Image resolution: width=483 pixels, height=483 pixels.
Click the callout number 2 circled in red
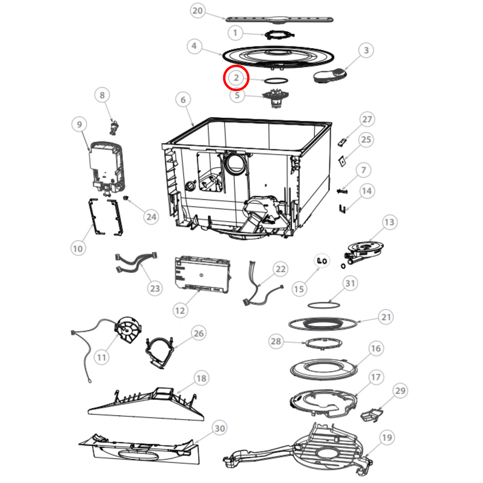[236, 78]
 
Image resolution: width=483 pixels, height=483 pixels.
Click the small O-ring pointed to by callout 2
[275, 80]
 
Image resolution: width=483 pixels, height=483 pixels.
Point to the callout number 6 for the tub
[183, 100]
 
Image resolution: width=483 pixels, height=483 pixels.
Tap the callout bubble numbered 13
[389, 222]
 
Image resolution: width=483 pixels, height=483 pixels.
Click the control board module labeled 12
[202, 273]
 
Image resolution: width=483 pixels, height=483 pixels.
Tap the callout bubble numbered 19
[386, 438]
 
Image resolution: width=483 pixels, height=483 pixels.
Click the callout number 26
[198, 333]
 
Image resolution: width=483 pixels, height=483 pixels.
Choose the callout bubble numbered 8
[102, 95]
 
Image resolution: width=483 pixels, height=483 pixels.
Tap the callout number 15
[299, 288]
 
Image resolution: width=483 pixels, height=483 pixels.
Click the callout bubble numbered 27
[366, 120]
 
